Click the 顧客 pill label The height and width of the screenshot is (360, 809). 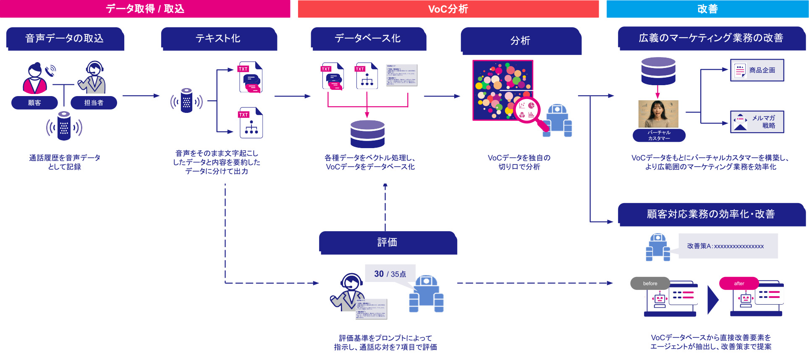click(34, 103)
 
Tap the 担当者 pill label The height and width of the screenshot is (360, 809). click(94, 103)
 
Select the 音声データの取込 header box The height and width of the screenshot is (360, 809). click(65, 39)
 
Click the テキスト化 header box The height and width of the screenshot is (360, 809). click(218, 39)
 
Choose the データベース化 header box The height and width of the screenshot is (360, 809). click(368, 39)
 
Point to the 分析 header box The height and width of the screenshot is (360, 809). click(521, 41)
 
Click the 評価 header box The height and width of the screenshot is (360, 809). click(387, 243)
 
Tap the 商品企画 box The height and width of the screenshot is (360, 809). click(757, 70)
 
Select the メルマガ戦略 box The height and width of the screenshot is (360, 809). click(757, 122)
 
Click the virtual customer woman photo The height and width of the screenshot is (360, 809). click(658, 114)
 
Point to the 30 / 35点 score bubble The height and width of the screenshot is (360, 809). click(390, 274)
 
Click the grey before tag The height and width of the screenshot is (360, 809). click(650, 283)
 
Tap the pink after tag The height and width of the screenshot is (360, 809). click(739, 283)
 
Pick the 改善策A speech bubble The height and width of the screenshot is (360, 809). click(728, 246)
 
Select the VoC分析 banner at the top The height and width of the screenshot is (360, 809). click(448, 9)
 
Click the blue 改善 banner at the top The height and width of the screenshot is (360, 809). click(707, 9)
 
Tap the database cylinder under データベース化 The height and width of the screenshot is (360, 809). click(367, 134)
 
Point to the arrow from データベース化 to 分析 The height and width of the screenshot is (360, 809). click(442, 96)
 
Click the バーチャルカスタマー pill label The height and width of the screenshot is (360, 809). click(659, 135)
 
